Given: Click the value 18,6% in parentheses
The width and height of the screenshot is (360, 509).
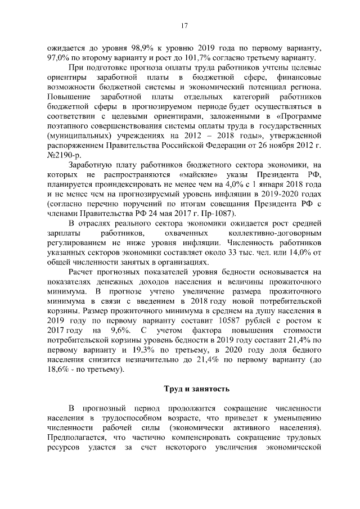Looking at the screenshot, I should point(61,370).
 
